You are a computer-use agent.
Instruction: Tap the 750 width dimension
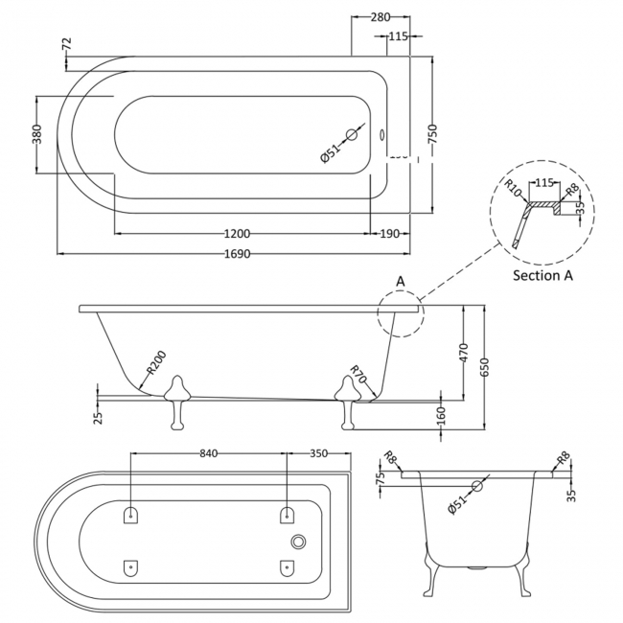pos(433,136)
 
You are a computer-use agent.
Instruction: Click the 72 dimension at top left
pos(66,45)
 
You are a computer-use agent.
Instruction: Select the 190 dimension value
pos(388,234)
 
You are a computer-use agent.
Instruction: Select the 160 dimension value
pos(440,415)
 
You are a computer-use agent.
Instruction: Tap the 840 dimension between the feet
pos(210,454)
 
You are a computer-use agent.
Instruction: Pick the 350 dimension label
pos(319,454)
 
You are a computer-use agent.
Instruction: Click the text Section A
pos(543,275)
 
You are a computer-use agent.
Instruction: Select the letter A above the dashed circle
pos(401,281)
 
